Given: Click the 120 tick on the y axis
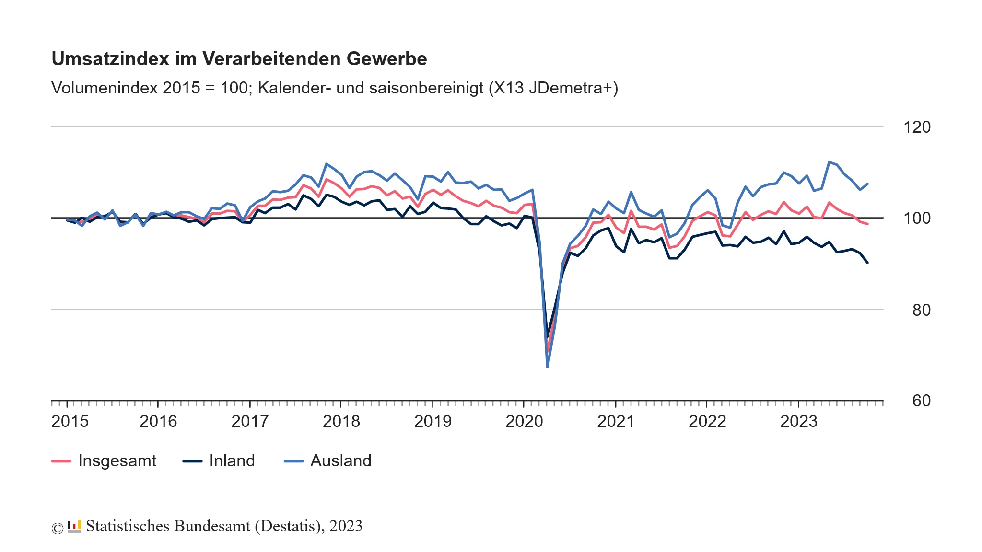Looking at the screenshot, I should pos(916,127).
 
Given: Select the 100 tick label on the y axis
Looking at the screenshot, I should pos(916,218).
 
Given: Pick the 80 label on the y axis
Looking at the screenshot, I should pos(921,310).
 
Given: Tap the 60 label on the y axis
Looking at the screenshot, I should pos(921,401).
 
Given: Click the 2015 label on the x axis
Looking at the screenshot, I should pos(70,422).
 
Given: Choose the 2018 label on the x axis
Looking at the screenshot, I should pos(341,422).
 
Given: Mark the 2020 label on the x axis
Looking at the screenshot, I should pos(524,422).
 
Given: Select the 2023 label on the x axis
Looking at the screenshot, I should pos(798,422).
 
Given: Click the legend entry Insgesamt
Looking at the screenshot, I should pos(117,461).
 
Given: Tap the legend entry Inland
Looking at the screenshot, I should pos(232,461).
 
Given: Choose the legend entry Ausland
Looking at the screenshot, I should pos(340,461).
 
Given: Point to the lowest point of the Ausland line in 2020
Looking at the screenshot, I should pos(547,367).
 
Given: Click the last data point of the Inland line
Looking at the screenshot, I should pos(867,263).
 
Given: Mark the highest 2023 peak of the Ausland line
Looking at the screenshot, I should pos(829,162).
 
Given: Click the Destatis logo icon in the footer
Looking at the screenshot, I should pos(74,527).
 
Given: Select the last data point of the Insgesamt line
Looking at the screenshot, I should pos(867,224).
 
